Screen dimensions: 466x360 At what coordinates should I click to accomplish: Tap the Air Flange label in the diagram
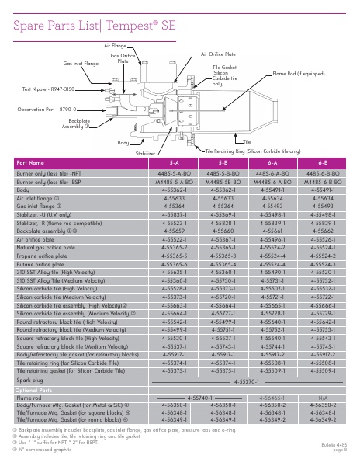[115, 47]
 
